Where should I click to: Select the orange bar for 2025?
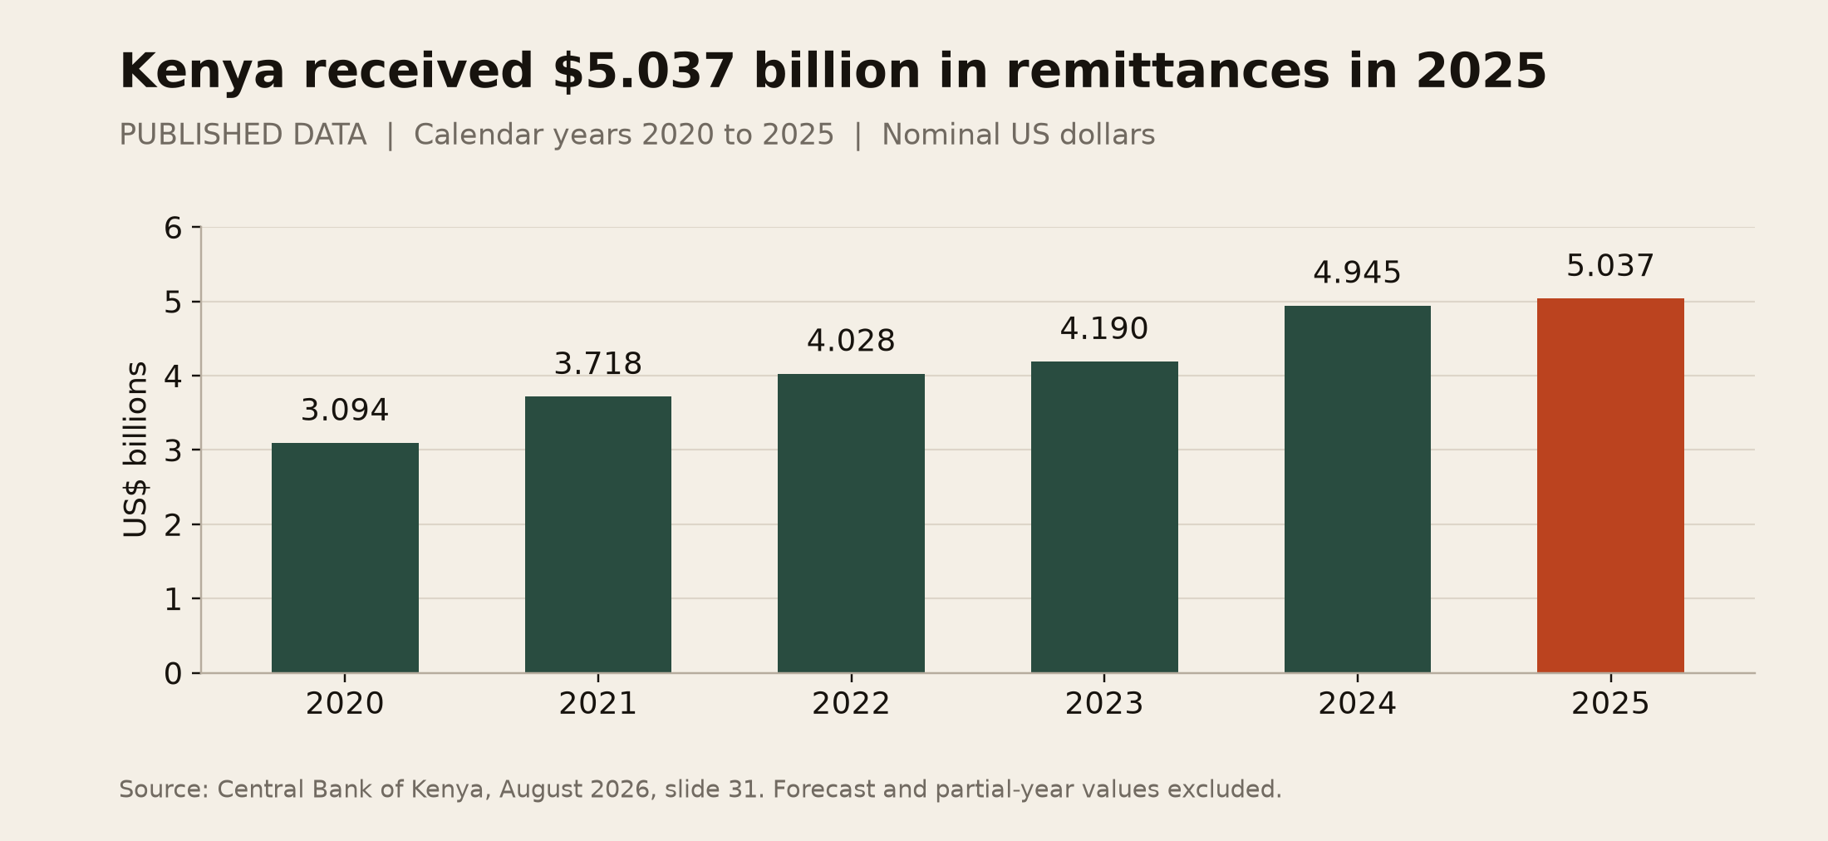[1610, 485]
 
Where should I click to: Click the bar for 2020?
[345, 558]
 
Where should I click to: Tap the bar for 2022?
[851, 523]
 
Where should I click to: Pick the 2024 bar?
[1358, 489]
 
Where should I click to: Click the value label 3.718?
[598, 364]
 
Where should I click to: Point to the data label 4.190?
[1104, 329]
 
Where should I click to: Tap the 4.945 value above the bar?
[1358, 273]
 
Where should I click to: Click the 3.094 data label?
[345, 411]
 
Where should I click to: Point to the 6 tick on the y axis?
[173, 228]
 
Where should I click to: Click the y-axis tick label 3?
[173, 450]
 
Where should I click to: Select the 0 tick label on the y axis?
[173, 673]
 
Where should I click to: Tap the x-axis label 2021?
[598, 704]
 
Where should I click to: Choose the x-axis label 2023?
[1104, 704]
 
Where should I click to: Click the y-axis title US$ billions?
[135, 450]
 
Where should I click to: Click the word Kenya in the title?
[203, 71]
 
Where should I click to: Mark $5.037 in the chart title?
[644, 71]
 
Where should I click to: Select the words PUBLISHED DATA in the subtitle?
[243, 135]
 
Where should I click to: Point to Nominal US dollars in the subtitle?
[1019, 135]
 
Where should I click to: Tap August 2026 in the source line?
[574, 790]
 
